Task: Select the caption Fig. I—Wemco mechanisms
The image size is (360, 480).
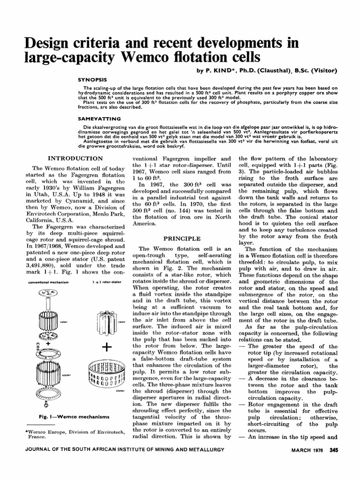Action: point(68,416)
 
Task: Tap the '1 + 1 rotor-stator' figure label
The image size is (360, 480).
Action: point(103,283)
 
